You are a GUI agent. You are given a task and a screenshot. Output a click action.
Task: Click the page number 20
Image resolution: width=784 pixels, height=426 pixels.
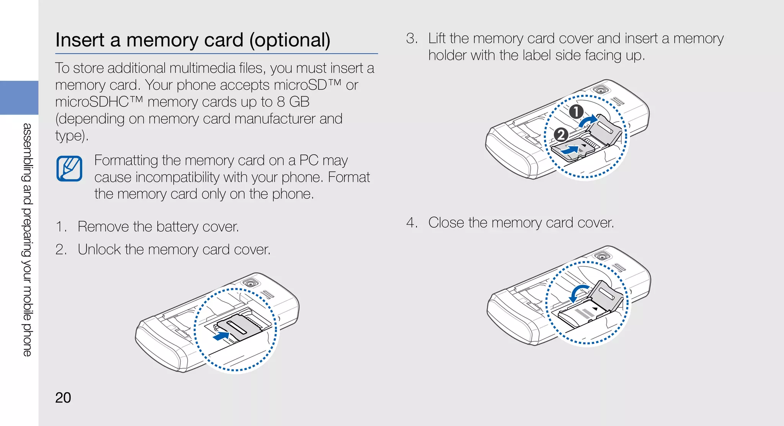(63, 398)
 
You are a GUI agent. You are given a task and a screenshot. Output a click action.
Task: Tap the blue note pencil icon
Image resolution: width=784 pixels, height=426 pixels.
(69, 169)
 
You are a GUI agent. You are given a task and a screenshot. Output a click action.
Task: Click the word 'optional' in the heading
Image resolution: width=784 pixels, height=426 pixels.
(290, 40)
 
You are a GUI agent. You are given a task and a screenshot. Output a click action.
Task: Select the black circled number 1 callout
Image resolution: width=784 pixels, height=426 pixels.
(576, 111)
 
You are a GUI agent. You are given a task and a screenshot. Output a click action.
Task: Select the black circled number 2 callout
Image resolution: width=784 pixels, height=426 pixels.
(561, 135)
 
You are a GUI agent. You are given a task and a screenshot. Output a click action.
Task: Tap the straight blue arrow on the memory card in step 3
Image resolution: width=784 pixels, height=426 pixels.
(570, 150)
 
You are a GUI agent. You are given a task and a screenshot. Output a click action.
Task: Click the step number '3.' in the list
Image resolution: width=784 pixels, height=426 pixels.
(412, 39)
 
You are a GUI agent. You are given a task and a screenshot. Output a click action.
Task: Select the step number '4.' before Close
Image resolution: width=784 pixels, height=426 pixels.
(412, 223)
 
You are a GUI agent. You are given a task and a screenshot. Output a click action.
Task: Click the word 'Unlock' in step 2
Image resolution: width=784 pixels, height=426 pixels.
(99, 250)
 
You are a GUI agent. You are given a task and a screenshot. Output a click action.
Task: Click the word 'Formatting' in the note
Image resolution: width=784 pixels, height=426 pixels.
(126, 160)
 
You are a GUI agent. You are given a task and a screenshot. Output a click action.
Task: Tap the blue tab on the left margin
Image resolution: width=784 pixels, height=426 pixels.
(19, 98)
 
